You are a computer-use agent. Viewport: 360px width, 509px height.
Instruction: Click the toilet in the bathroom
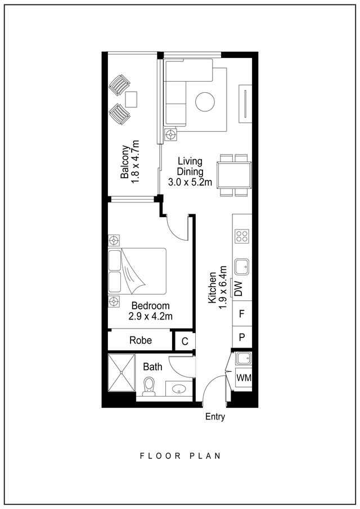(x=149, y=386)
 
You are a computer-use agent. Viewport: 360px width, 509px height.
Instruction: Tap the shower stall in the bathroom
(x=121, y=373)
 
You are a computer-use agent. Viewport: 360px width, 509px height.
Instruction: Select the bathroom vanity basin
(x=178, y=389)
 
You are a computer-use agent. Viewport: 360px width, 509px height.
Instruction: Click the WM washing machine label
(x=244, y=377)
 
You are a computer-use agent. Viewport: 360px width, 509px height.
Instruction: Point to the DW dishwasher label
(x=238, y=289)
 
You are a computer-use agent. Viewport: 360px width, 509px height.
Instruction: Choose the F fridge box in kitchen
(x=242, y=314)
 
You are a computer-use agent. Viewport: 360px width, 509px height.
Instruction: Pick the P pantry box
(x=242, y=337)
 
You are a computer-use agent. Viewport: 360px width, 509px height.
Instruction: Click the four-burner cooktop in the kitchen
(x=242, y=236)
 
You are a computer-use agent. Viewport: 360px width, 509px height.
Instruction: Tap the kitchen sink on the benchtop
(x=242, y=267)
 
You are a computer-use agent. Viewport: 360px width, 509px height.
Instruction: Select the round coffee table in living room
(x=205, y=102)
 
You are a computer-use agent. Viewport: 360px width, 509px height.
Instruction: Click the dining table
(x=234, y=175)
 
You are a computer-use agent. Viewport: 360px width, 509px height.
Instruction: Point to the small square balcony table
(x=131, y=100)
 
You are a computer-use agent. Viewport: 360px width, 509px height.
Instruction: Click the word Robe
(x=141, y=340)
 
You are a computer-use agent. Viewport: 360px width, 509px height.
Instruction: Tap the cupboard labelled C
(x=185, y=341)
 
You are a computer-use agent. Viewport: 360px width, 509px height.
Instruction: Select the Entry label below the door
(x=215, y=417)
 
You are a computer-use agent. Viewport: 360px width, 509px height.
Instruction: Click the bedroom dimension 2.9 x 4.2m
(x=150, y=316)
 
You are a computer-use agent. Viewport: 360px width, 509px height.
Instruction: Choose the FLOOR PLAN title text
(x=180, y=456)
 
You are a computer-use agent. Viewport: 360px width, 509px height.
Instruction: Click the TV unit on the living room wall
(x=245, y=103)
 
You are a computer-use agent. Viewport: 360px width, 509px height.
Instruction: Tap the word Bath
(x=152, y=367)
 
